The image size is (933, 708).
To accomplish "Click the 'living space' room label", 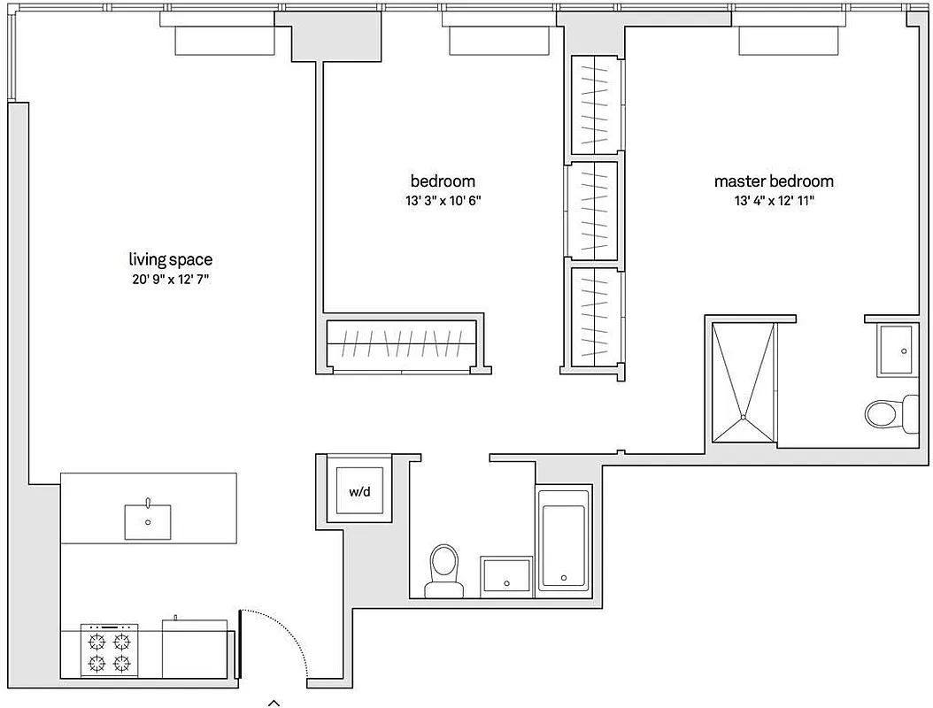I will pyautogui.click(x=171, y=259).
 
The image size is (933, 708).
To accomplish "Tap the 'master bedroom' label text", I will pyautogui.click(x=774, y=181).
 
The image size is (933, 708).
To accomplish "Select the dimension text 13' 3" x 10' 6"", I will pyautogui.click(x=443, y=201).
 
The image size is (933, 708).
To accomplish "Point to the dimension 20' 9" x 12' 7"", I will pyautogui.click(x=171, y=280).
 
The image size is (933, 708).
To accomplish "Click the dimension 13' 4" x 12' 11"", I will pyautogui.click(x=774, y=201).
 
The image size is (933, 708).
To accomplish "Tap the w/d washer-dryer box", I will pyautogui.click(x=359, y=489).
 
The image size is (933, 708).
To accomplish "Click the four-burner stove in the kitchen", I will pyautogui.click(x=111, y=651).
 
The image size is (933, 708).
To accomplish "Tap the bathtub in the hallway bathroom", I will pyautogui.click(x=564, y=545).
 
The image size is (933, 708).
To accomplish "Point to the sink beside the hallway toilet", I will pyautogui.click(x=506, y=577).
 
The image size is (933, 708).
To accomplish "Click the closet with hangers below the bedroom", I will pyautogui.click(x=402, y=343).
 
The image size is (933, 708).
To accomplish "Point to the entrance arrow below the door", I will pyautogui.click(x=274, y=702).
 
